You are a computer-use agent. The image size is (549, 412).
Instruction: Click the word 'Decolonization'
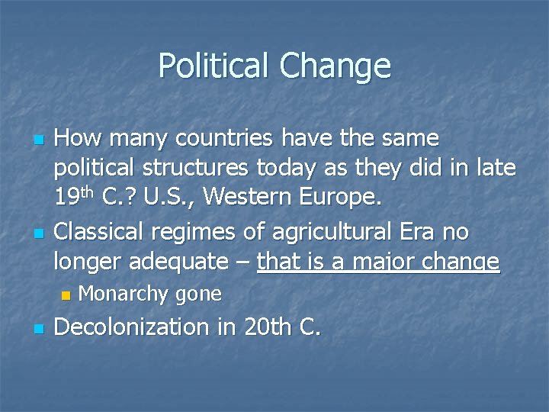point(143,328)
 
